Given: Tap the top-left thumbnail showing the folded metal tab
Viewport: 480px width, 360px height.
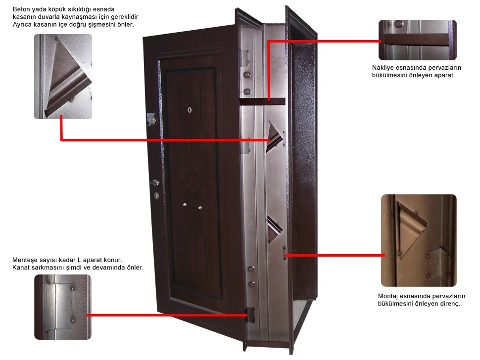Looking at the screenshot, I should pyautogui.click(x=63, y=77).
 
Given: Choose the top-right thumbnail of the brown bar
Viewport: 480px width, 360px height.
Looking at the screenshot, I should pyautogui.click(x=417, y=40).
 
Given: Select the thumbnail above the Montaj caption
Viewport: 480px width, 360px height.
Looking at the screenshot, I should pyautogui.click(x=418, y=240).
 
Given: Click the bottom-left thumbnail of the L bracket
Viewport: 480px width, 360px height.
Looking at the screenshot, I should pyautogui.click(x=63, y=307).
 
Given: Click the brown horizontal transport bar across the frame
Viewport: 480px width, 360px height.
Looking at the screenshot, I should pyautogui.click(x=262, y=102).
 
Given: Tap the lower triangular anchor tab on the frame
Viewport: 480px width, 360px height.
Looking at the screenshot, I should pyautogui.click(x=274, y=229).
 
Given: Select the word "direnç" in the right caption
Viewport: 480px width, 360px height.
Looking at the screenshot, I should pyautogui.click(x=449, y=304).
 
